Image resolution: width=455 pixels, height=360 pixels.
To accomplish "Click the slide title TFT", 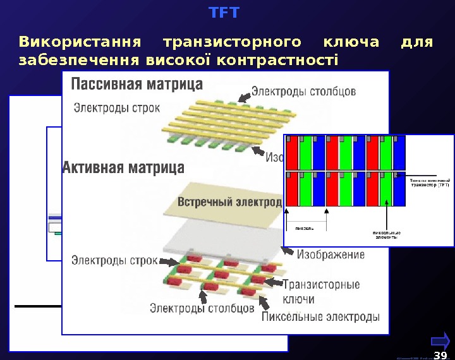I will point(224,12).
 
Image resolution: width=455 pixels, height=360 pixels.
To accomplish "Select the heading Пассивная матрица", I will point(138,84).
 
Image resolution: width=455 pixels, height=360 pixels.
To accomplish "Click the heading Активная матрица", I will point(124,168).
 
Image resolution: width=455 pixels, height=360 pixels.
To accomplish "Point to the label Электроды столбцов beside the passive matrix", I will point(305,92).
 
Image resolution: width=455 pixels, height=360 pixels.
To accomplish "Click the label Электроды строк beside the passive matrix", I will point(118,107).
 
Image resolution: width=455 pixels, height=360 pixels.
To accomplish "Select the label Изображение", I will point(331,255).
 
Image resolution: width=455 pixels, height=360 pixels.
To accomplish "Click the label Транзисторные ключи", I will point(320,291).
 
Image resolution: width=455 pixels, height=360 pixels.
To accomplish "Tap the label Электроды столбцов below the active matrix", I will point(202,308).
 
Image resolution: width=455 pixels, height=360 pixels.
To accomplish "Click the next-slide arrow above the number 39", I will point(440,341).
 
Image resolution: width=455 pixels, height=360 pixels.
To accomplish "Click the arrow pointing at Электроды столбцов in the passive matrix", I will point(244,97).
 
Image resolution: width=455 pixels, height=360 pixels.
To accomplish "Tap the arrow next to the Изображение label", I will point(286,252).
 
